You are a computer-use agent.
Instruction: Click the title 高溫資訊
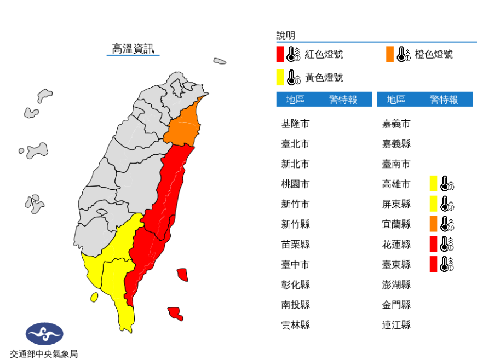[132, 49]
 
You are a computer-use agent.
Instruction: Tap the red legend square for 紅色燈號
[280, 54]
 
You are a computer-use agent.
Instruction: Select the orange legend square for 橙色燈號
[389, 54]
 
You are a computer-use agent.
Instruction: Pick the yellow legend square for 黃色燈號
[280, 77]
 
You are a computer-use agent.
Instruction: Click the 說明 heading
[286, 36]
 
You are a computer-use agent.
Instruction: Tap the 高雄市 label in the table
[396, 184]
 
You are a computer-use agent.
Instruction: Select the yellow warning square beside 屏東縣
[433, 204]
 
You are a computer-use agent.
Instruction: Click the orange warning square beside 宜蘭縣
[433, 224]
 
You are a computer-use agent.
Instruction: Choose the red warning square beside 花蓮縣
[433, 244]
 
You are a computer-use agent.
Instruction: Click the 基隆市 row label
[295, 124]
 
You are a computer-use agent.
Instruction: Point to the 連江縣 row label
[396, 324]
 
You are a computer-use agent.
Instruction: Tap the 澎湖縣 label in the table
[396, 284]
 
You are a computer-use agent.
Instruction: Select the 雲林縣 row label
[295, 324]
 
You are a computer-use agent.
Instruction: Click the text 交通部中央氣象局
[44, 353]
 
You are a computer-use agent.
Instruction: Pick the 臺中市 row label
[295, 264]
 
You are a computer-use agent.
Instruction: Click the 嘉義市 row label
[396, 124]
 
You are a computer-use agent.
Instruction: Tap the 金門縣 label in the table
[396, 305]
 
